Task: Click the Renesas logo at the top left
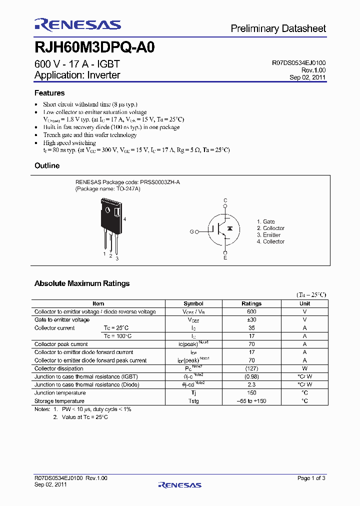[x=77, y=25]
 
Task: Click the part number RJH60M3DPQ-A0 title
[x=94, y=47]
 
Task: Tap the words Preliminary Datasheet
[x=278, y=29]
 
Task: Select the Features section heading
[x=49, y=93]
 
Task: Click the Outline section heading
[x=47, y=165]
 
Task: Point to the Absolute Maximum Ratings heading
[x=82, y=283]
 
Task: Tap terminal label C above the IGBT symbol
[x=225, y=200]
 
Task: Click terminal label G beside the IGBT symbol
[x=191, y=231]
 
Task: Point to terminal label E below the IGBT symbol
[x=225, y=257]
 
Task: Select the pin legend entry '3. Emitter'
[x=268, y=235]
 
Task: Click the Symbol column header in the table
[x=193, y=303]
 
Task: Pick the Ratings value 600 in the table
[x=251, y=311]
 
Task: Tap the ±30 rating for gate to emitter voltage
[x=251, y=319]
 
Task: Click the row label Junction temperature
[x=60, y=392]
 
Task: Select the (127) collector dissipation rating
[x=251, y=368]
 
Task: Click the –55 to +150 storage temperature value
[x=251, y=401]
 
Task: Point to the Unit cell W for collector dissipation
[x=304, y=368]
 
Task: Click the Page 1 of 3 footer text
[x=311, y=478]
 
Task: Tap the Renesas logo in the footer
[x=179, y=484]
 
